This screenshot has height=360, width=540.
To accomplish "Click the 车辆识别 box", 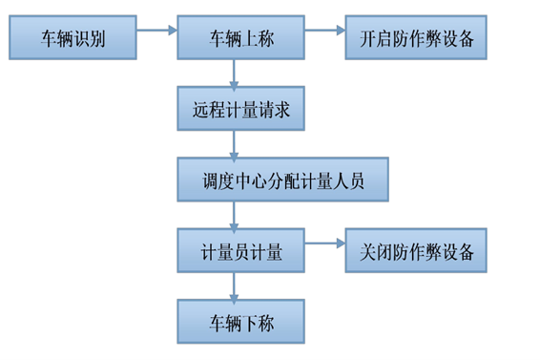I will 73,39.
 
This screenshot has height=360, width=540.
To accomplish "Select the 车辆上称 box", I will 240,39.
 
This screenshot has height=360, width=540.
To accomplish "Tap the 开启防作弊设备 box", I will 416,39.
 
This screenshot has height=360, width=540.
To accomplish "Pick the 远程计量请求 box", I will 240,109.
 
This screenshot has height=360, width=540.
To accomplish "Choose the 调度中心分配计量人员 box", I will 283,180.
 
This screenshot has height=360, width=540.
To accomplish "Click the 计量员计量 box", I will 240,252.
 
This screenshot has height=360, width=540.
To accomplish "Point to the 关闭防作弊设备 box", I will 416,252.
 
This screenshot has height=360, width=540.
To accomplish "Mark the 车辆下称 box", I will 240,323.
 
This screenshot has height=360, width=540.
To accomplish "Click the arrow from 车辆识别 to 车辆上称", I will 157,31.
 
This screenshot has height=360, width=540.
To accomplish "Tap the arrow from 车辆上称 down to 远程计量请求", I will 234,74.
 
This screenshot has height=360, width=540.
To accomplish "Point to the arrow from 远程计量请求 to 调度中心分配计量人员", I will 234,145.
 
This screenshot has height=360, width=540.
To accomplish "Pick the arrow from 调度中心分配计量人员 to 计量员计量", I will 234,216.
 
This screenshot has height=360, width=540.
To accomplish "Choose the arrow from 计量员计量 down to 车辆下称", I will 234,287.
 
